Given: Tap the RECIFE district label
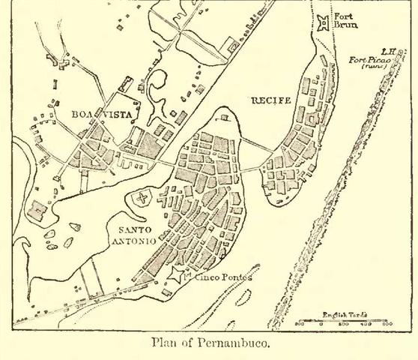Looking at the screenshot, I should pos(271,100).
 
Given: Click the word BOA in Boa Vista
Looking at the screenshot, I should pos(84,115).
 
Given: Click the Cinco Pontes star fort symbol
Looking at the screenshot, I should pos(177,275).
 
